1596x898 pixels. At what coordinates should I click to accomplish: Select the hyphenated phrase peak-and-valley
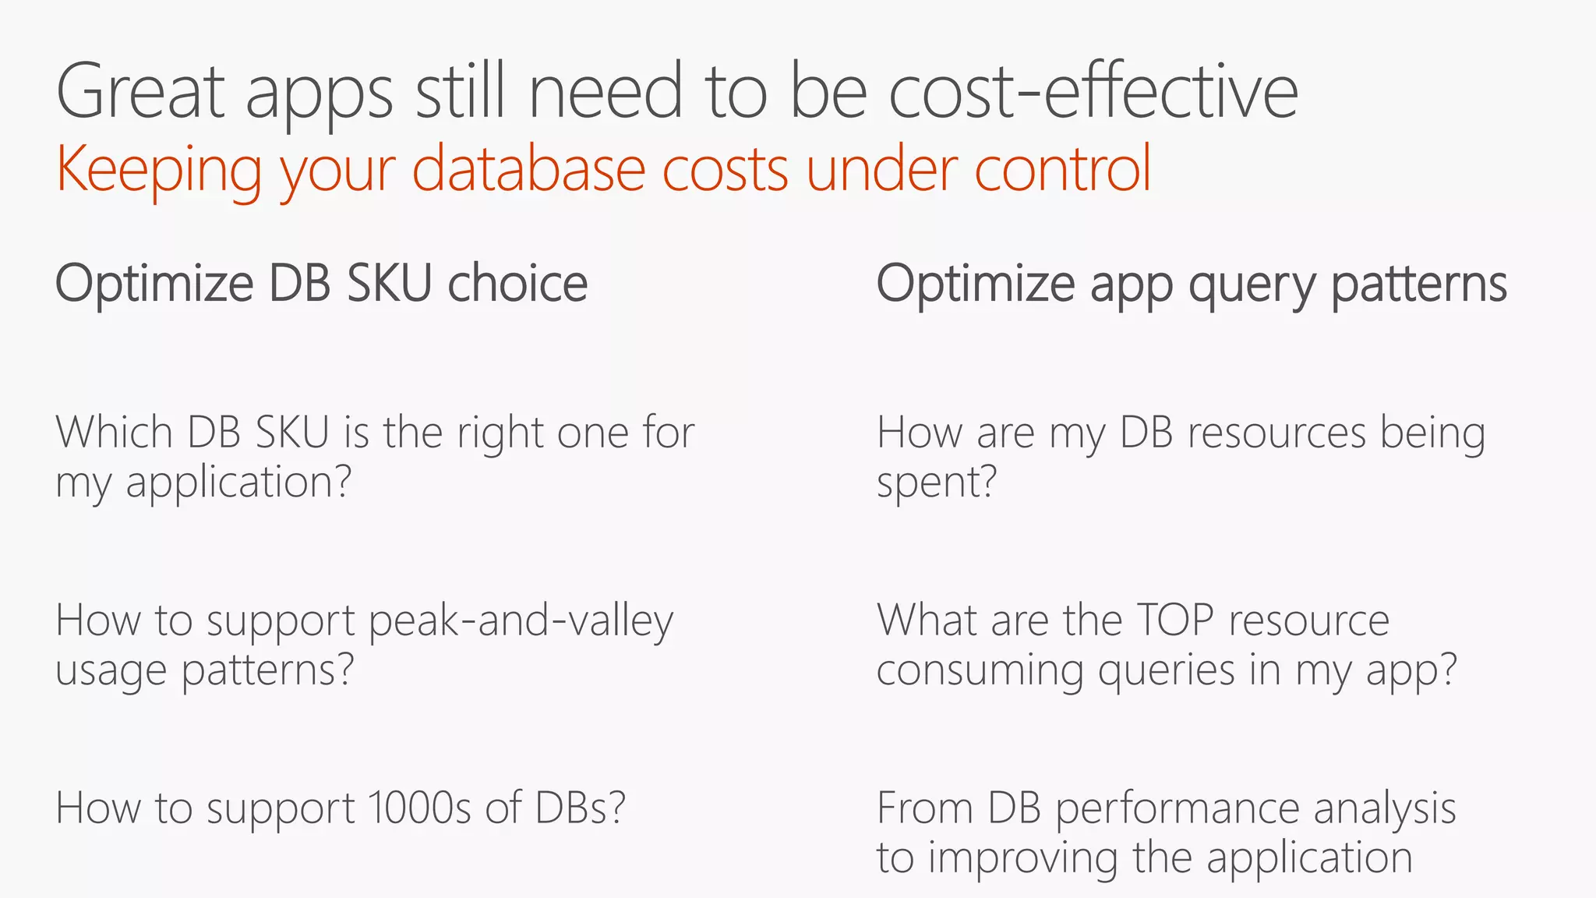point(521,621)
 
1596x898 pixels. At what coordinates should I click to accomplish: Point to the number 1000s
point(419,808)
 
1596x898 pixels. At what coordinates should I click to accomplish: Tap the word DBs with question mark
point(580,808)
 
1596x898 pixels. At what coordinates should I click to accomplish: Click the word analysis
point(1385,810)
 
